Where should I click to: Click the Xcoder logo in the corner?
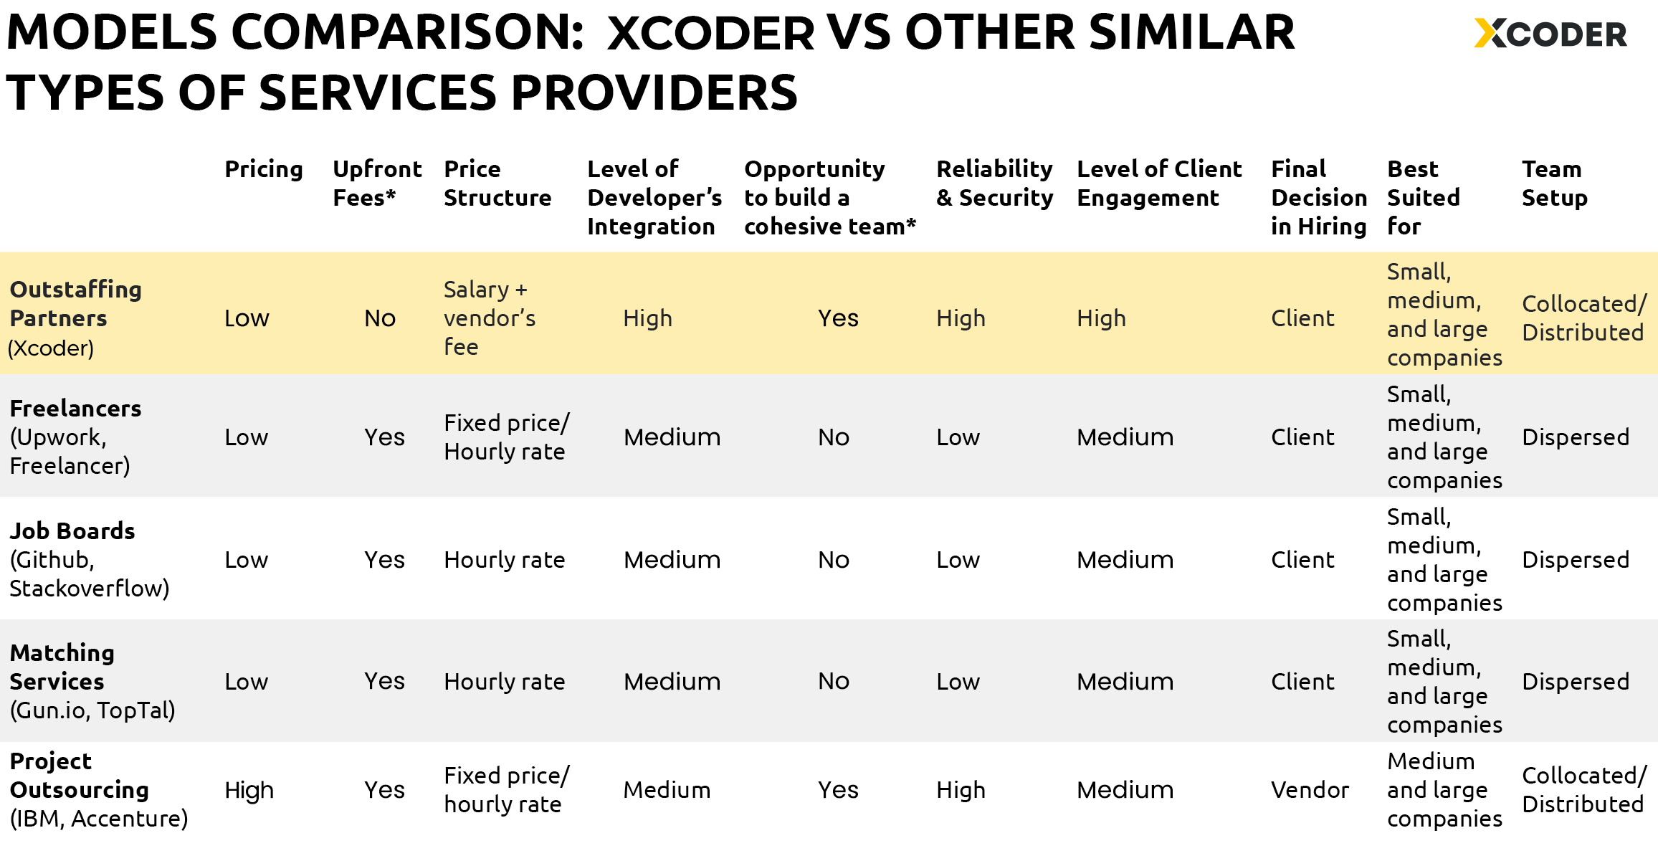1550,34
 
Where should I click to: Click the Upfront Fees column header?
377,183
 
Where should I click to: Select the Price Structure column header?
497,183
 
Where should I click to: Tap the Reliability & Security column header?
994,183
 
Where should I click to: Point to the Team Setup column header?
1554,183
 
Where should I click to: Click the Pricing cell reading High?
249,790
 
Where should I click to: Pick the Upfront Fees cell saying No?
380,318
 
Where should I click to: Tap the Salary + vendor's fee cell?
489,318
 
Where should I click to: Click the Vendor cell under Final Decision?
1310,790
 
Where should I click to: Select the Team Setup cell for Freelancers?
1575,437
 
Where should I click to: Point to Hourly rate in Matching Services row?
504,682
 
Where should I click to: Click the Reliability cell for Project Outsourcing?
961,790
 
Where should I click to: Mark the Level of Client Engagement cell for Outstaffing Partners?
1101,318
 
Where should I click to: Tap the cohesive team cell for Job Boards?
833,560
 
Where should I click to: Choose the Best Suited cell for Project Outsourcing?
1444,790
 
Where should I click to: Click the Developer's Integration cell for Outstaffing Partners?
647,318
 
